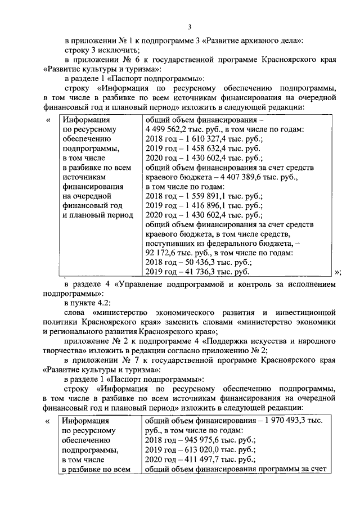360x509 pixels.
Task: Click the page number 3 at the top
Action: point(190,26)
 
